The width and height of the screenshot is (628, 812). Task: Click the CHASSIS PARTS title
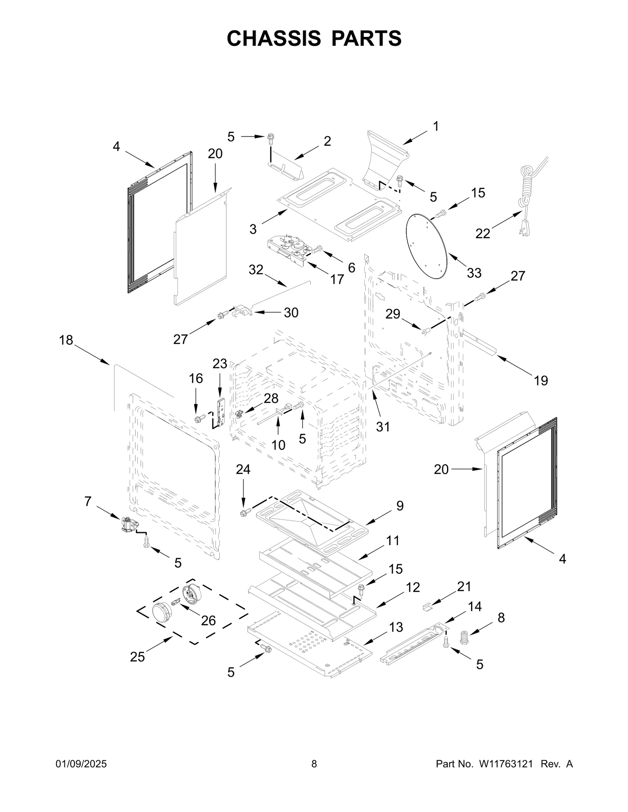point(314,38)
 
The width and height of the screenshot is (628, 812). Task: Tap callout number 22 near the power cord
point(482,234)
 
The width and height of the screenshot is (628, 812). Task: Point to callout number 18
point(66,340)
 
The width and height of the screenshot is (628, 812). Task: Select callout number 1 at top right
point(436,127)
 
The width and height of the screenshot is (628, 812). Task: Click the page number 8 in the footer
point(314,764)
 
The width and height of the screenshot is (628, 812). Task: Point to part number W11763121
point(506,764)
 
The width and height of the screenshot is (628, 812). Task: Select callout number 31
point(383,427)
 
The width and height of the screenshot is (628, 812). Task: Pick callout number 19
point(541,380)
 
